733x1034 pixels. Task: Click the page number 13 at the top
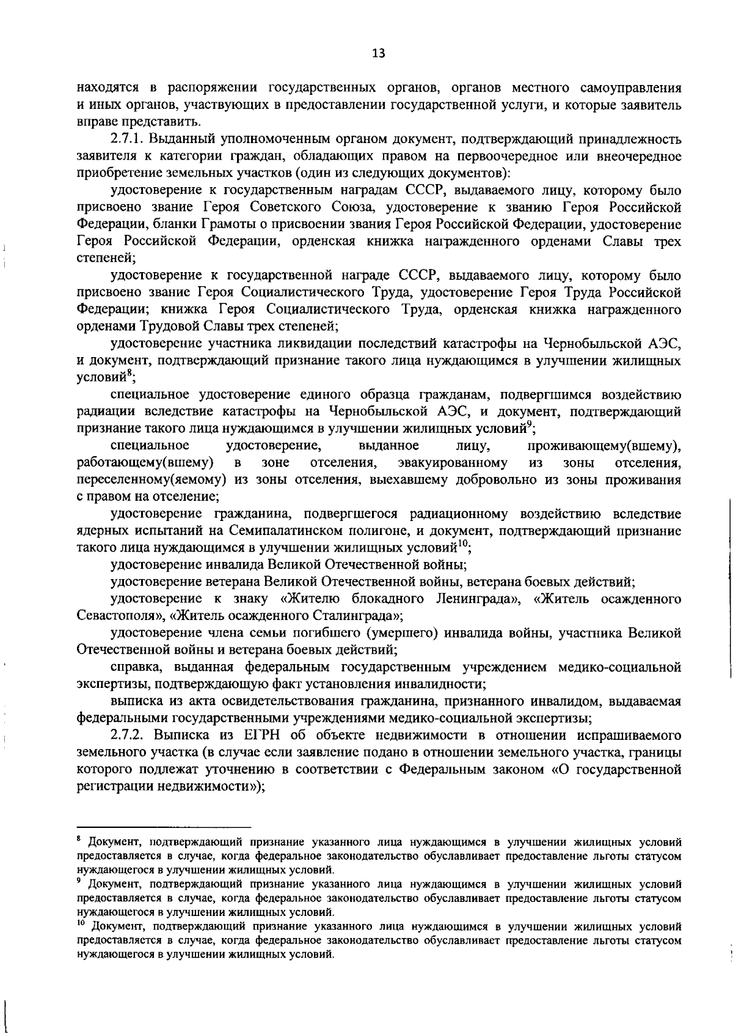[378, 53]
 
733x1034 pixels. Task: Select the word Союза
[354, 208]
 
